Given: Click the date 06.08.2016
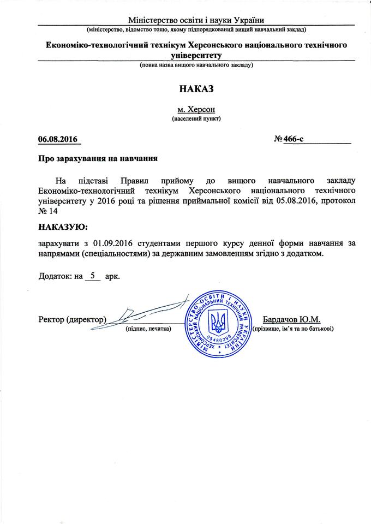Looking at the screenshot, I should coord(58,139).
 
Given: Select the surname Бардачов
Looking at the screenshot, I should coord(284,319).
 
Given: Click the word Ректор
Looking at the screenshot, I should coord(51,319).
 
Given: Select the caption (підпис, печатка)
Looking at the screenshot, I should coord(149,329).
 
